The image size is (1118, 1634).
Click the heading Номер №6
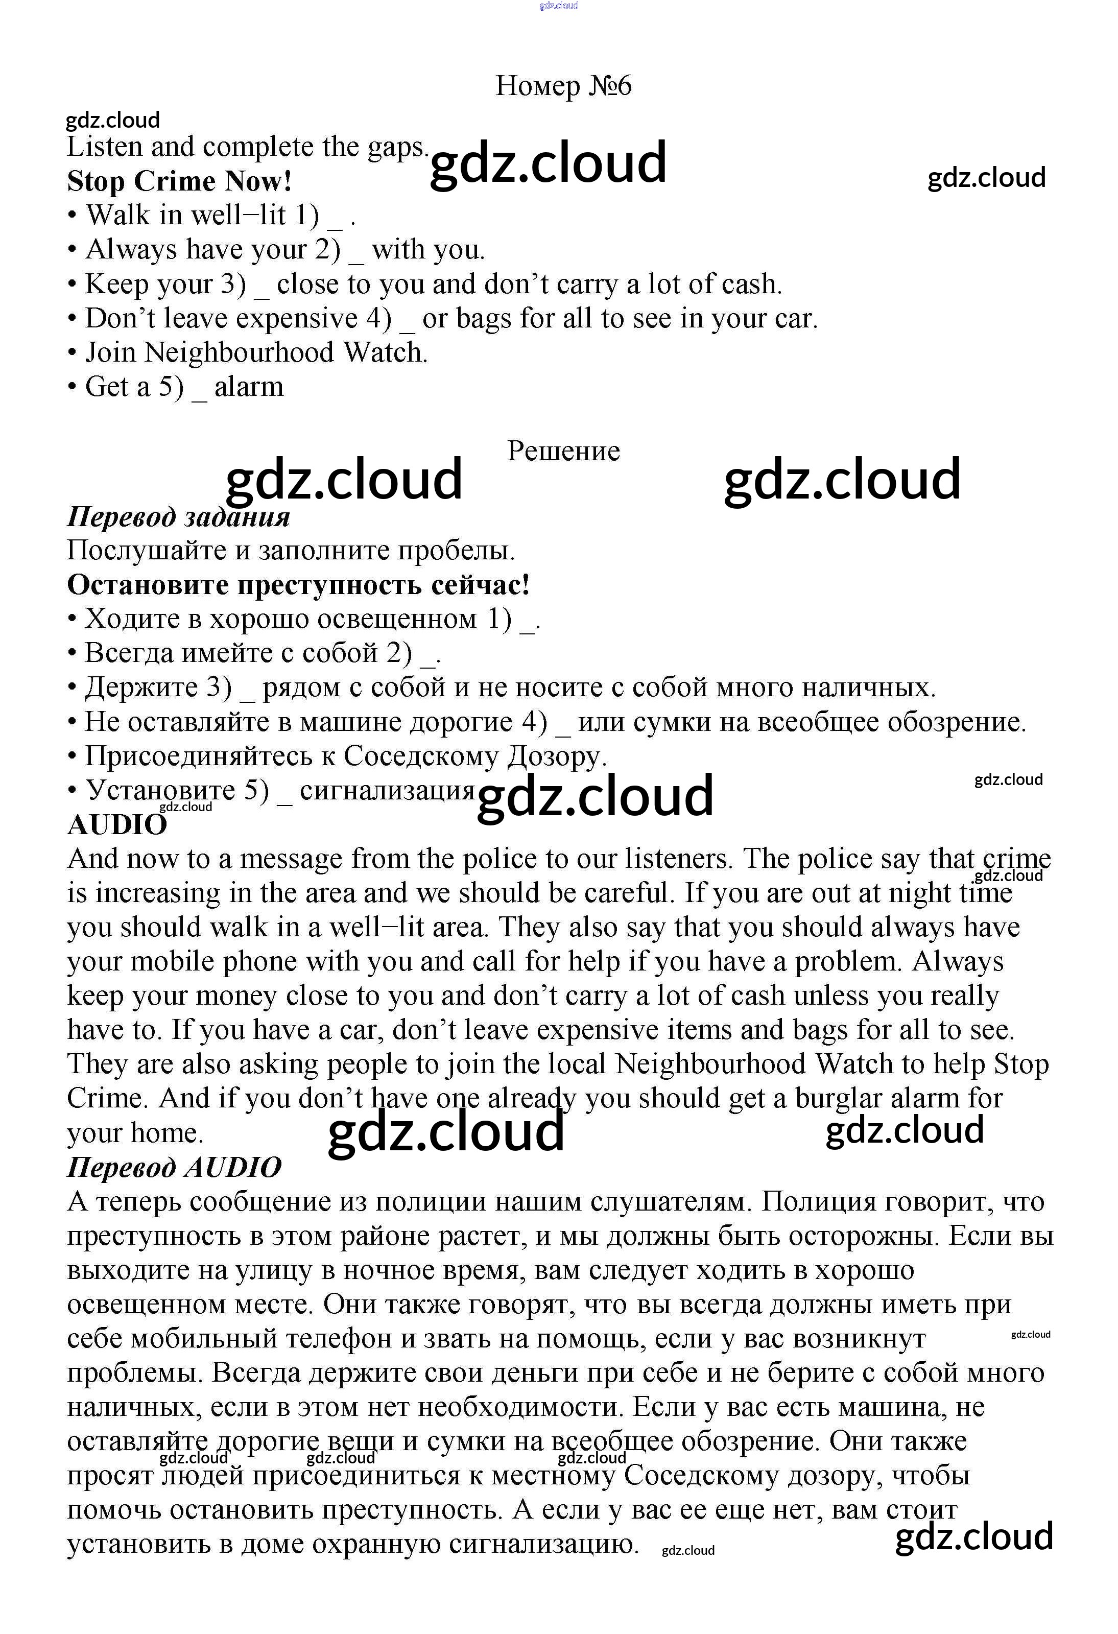pos(563,86)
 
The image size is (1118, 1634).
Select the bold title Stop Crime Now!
pos(179,181)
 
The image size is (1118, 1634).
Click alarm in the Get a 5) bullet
pos(249,387)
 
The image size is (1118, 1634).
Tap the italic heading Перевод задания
pos(178,517)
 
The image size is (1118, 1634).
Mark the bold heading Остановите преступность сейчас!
pos(298,584)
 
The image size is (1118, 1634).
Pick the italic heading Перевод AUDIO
pos(174,1167)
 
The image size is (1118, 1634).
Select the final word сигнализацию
pos(543,1544)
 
